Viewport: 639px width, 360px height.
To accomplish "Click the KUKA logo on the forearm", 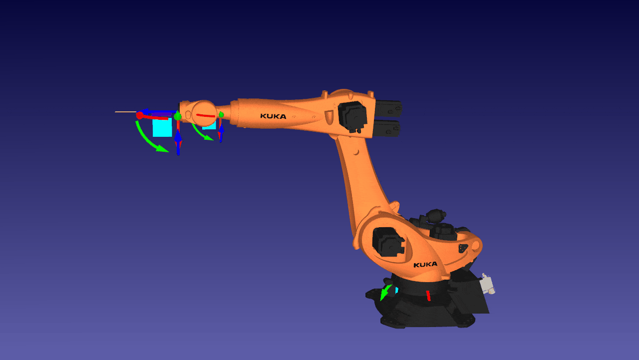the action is click(273, 116).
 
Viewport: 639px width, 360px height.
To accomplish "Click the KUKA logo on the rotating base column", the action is click(425, 265).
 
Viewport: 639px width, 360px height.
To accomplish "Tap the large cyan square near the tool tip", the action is click(162, 127).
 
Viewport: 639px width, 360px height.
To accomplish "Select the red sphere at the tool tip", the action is click(139, 115).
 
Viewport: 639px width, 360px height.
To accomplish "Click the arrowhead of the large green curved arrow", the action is click(163, 149).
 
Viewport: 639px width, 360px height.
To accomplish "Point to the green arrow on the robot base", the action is click(386, 292).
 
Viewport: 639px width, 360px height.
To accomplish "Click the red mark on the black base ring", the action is click(428, 296).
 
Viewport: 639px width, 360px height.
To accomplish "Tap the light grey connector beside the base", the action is click(488, 284).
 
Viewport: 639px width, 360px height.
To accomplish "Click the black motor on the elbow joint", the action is click(352, 117).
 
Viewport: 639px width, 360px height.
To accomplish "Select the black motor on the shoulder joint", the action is click(388, 242).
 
